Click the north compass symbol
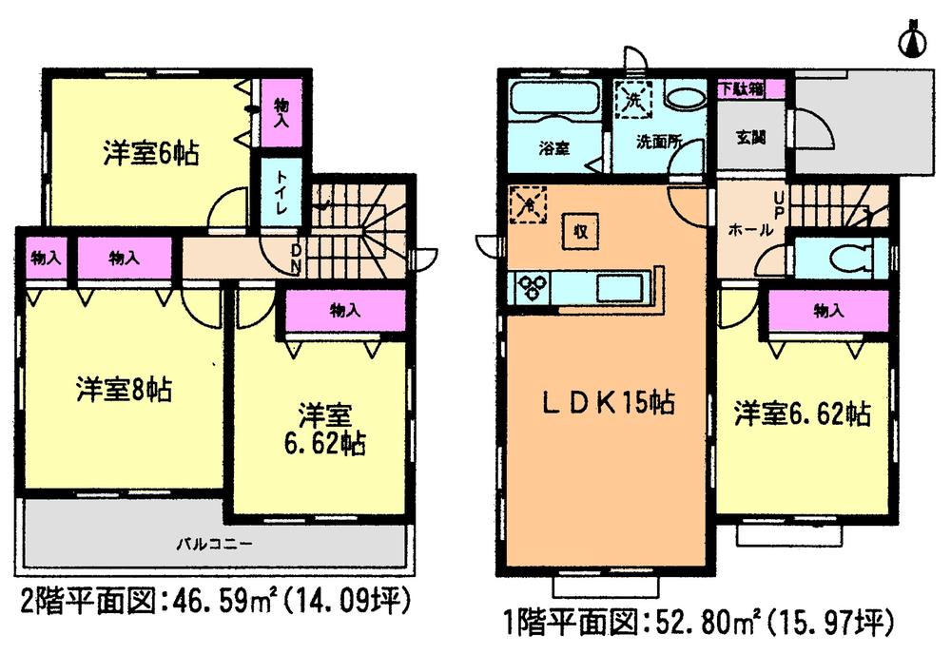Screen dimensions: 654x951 click(x=914, y=39)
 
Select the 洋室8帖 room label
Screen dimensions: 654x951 click(x=124, y=390)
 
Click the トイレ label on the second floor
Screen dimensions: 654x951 click(x=281, y=193)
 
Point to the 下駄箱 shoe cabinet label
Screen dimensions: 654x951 click(x=750, y=88)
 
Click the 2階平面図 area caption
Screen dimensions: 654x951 click(x=214, y=600)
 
